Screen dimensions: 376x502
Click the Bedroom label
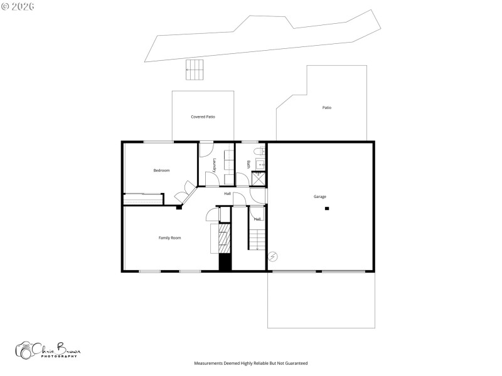click(161, 170)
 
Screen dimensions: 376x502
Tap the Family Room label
click(169, 238)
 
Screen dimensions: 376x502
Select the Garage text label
click(320, 197)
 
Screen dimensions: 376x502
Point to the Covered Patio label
click(203, 117)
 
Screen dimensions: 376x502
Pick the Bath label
click(248, 164)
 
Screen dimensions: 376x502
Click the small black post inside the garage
click(326, 208)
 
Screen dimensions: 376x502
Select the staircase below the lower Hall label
click(257, 239)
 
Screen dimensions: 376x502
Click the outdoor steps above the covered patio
click(195, 70)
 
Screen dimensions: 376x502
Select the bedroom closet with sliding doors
click(144, 198)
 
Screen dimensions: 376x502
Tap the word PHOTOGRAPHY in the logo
click(60, 357)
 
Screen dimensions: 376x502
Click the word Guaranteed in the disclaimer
click(296, 363)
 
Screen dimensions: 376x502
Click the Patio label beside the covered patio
click(326, 108)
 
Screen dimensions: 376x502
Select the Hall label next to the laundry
click(227, 194)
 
